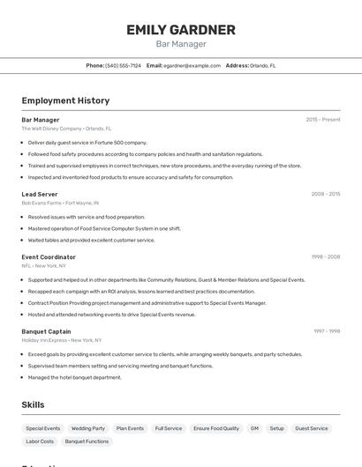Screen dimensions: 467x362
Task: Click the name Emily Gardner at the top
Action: click(181, 30)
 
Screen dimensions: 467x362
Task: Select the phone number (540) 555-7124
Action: click(123, 65)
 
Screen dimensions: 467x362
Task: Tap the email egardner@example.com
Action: click(192, 65)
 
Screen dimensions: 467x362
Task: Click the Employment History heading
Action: click(65, 100)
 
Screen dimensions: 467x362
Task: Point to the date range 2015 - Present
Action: click(323, 119)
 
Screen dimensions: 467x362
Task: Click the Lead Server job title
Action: click(40, 194)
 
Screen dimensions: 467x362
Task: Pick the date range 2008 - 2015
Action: click(326, 194)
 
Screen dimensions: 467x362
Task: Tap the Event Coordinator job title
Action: click(49, 256)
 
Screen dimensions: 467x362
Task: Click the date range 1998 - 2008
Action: click(326, 256)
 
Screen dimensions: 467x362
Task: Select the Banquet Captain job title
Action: click(46, 331)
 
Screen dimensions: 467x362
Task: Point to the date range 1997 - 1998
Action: click(327, 331)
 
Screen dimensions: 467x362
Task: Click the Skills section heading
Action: click(34, 404)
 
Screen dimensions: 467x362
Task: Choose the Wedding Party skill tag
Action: click(88, 428)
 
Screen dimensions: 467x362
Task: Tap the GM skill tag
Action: click(254, 428)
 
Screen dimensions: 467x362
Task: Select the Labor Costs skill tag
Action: click(40, 441)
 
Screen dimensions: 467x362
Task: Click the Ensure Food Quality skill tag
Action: click(216, 428)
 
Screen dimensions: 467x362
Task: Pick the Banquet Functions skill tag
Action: click(87, 441)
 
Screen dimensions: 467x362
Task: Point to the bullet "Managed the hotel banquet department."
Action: click(75, 377)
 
